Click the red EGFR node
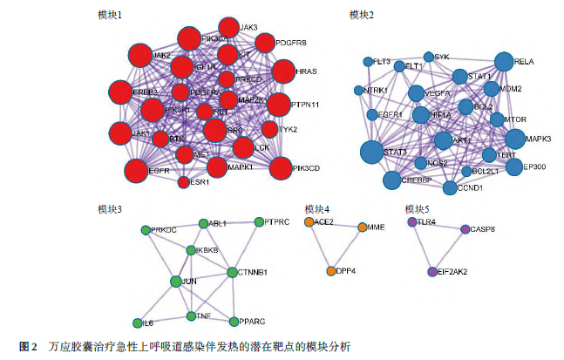137,171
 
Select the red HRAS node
283,71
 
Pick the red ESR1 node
184,182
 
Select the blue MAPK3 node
515,139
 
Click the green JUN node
177,282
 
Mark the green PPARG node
232,322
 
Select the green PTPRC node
257,223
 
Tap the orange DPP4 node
331,271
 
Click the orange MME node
363,228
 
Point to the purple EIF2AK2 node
432,272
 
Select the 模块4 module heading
316,209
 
